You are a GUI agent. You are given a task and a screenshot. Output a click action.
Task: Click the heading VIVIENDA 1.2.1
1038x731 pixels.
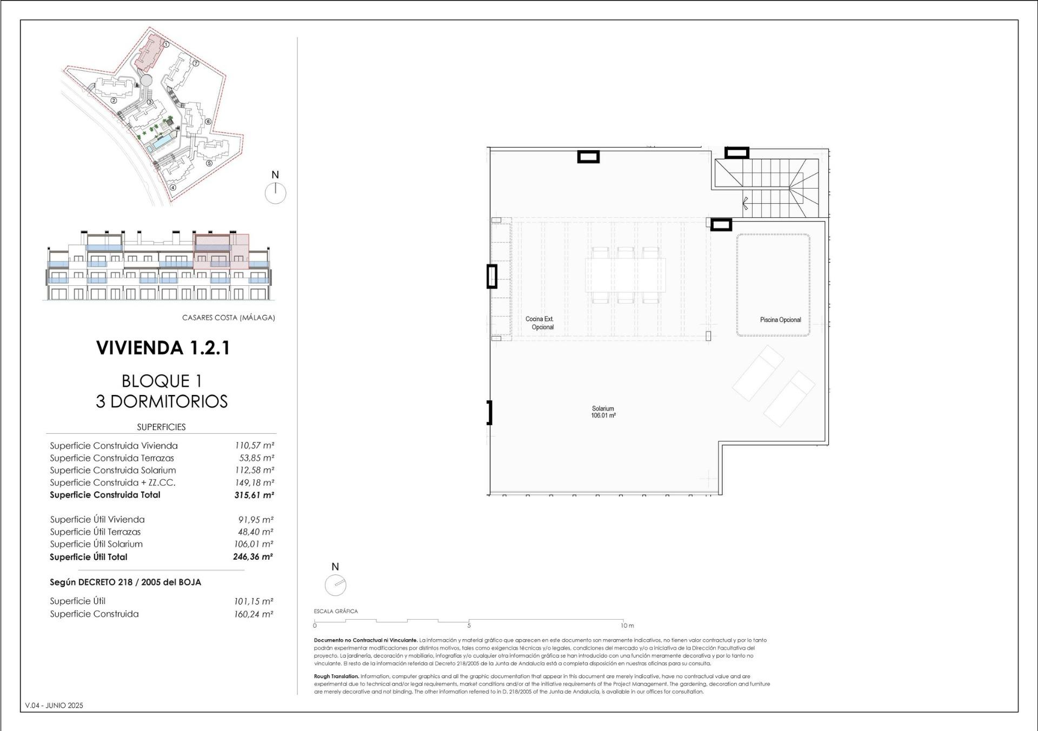(x=163, y=348)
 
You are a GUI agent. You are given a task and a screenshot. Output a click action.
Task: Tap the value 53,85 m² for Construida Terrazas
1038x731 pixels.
(x=256, y=458)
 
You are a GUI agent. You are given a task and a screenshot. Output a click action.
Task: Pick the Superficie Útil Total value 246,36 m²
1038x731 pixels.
(x=252, y=556)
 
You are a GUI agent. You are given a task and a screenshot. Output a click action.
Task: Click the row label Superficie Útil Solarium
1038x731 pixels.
(x=96, y=544)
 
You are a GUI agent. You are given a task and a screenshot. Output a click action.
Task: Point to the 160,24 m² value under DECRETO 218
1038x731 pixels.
(x=253, y=614)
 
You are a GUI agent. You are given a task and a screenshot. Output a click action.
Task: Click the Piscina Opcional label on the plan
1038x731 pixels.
(x=780, y=320)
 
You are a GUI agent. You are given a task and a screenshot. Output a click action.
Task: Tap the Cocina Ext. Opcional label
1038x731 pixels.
(x=540, y=323)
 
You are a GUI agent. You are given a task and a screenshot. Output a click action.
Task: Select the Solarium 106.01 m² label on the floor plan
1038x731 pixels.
(x=603, y=412)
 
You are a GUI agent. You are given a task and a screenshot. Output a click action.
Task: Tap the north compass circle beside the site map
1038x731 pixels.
(x=276, y=193)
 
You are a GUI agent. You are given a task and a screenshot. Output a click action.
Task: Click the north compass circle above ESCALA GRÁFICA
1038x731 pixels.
(x=335, y=585)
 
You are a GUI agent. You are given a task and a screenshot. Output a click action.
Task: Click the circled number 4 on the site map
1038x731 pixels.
(x=173, y=188)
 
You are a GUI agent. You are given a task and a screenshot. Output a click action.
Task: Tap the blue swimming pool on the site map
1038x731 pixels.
(x=161, y=143)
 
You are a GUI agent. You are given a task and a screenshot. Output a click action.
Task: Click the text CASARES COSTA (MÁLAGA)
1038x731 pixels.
(x=229, y=318)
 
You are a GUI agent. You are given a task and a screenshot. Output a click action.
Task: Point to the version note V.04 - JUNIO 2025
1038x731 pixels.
(x=54, y=705)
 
